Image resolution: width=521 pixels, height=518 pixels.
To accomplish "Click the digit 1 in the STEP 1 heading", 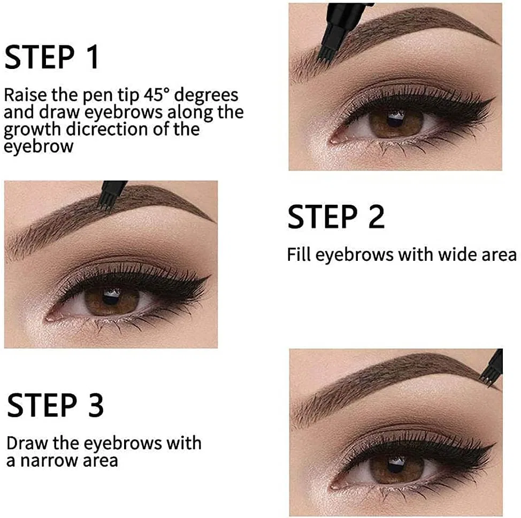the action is (x=91, y=57).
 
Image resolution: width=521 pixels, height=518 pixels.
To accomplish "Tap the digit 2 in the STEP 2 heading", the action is (x=376, y=217).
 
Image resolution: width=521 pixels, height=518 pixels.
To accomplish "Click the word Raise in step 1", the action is (x=25, y=95).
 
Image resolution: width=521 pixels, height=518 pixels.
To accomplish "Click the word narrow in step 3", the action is (x=50, y=461).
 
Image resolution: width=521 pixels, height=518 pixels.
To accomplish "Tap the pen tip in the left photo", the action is (x=105, y=203).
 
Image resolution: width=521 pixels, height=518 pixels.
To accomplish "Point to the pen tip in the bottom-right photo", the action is (x=487, y=379).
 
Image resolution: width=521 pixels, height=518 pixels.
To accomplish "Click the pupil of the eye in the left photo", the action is (x=111, y=297).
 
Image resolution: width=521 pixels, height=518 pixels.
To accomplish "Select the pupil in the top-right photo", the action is (x=395, y=119).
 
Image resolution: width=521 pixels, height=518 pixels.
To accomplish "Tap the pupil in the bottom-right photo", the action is (x=397, y=465).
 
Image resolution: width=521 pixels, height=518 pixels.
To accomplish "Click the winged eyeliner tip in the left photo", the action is (x=209, y=276).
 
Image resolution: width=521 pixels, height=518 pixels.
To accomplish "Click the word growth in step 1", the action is (x=32, y=130).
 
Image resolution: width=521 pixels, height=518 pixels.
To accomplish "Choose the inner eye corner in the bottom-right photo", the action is (x=333, y=486).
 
